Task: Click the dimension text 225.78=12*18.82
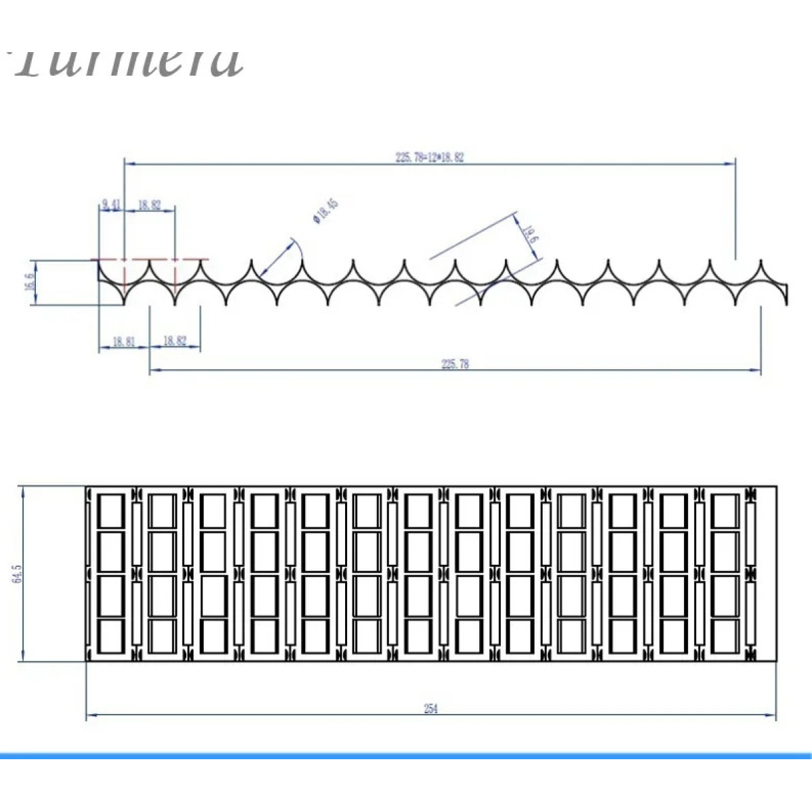coord(430,157)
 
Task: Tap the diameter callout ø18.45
coord(325,210)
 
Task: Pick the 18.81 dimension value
coord(123,342)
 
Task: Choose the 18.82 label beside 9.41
coord(150,204)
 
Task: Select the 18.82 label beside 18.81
coord(175,341)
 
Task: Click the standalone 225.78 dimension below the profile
coord(455,364)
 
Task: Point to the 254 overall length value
coord(431,709)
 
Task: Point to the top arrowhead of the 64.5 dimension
coord(24,490)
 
